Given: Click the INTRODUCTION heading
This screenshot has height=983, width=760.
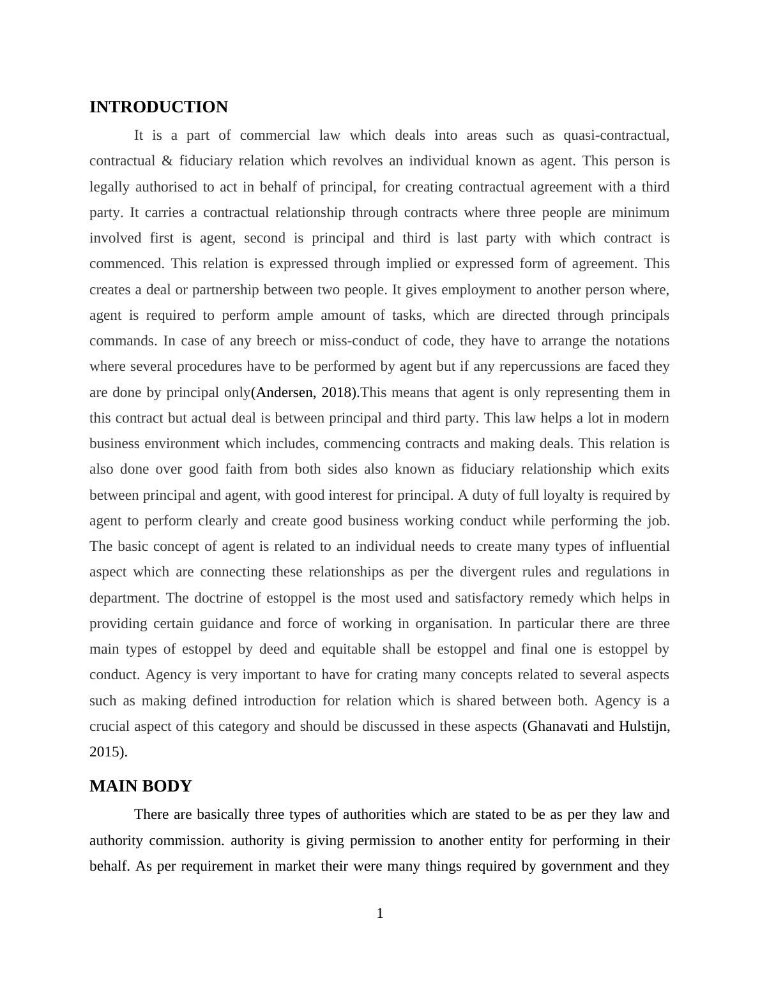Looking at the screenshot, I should click(158, 107).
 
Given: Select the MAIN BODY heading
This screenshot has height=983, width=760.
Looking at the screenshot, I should click(141, 786).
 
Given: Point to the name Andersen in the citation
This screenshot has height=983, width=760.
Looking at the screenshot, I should click(285, 393).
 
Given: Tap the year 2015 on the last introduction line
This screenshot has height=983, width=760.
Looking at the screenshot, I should click(106, 752).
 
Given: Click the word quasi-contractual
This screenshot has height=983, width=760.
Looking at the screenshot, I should click(616, 135).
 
